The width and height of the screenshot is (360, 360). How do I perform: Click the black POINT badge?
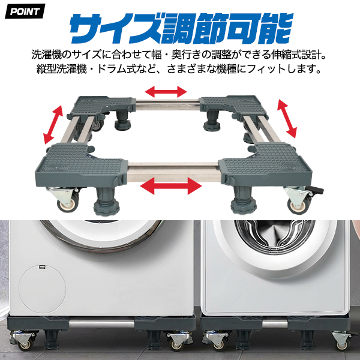(x=25, y=11)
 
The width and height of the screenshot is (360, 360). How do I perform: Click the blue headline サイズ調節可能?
(x=181, y=28)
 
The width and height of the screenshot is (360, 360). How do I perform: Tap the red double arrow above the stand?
(x=166, y=92)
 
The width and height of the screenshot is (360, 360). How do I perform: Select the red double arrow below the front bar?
(x=171, y=186)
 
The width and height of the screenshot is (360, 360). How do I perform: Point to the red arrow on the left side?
(x=53, y=124)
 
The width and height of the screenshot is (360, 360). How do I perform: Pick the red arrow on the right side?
(x=287, y=118)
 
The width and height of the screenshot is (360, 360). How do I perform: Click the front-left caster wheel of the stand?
(x=67, y=204)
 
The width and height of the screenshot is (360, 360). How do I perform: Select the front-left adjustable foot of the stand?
(x=107, y=202)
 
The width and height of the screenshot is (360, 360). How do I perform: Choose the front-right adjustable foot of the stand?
(x=243, y=200)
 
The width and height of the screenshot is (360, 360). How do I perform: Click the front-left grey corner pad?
(x=82, y=165)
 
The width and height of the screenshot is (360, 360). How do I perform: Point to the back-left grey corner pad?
(x=103, y=105)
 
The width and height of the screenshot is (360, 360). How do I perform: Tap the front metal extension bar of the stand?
(x=173, y=172)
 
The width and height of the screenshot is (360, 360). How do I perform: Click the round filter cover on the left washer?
(x=42, y=289)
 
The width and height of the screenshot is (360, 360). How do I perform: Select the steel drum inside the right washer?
(x=275, y=238)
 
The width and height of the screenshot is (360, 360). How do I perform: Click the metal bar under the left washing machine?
(x=101, y=324)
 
